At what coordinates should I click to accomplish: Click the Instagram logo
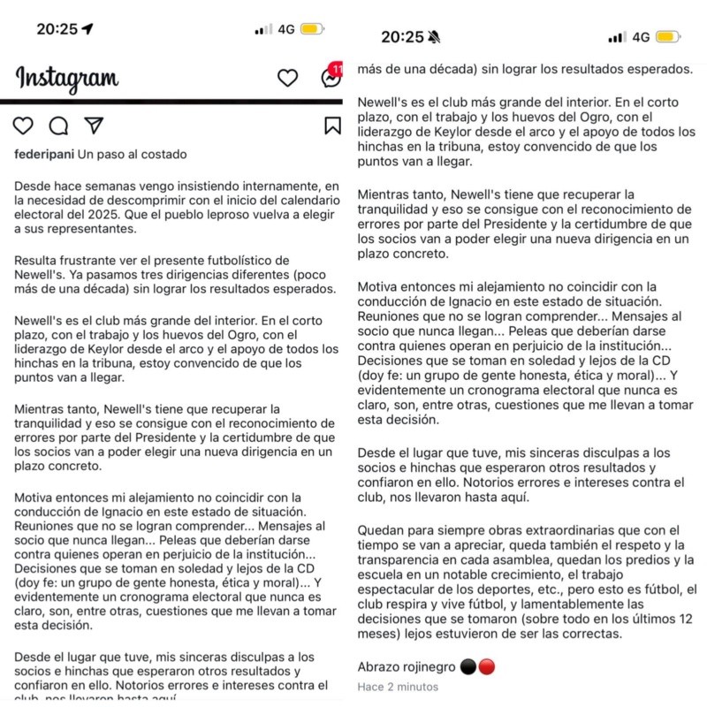(66, 78)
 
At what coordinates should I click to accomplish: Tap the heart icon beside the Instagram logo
(288, 78)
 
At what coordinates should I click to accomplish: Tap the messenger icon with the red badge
(331, 78)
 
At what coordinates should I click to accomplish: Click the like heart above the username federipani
(25, 125)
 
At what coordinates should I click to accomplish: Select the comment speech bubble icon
(58, 125)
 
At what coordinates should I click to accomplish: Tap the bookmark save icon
(332, 125)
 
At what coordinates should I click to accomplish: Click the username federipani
(44, 155)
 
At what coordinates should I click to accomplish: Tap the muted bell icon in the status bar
(434, 37)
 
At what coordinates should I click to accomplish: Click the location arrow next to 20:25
(87, 28)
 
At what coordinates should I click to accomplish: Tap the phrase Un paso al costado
(132, 155)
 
